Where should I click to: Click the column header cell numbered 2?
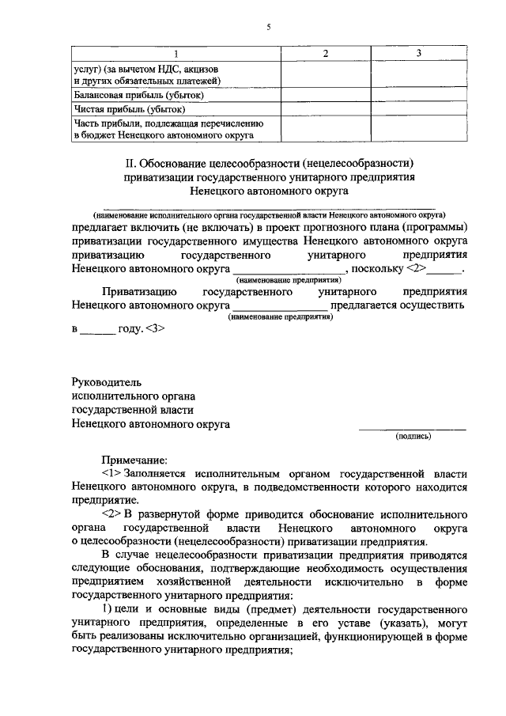pos(324,52)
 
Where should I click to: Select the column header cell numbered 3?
pos(419,52)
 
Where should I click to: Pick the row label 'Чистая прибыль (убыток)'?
pos(129,109)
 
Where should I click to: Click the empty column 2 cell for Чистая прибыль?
pos(324,109)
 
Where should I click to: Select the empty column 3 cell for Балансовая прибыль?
pos(419,95)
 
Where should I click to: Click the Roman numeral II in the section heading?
pos(131,163)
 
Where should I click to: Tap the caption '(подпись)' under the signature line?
pos(413,436)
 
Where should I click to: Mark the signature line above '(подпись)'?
pos(413,428)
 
